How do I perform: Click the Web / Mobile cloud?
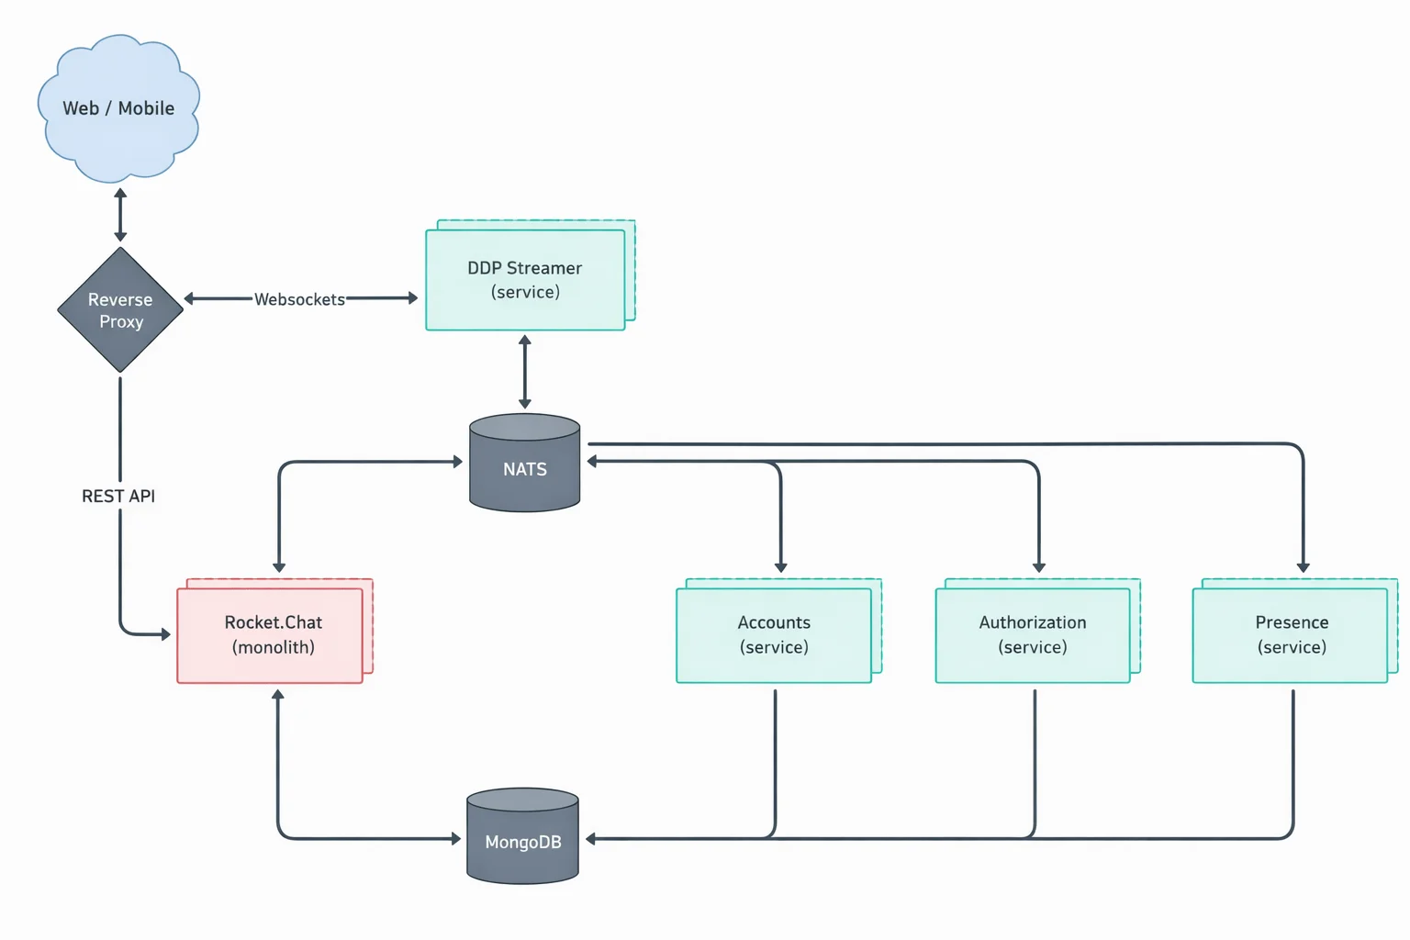[118, 108]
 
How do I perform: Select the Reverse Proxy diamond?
[120, 310]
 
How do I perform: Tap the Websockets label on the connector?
[299, 299]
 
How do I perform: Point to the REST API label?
[118, 496]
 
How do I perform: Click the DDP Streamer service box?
[525, 280]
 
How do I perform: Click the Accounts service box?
[774, 634]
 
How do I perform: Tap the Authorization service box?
[1033, 634]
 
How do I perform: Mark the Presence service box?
[1291, 634]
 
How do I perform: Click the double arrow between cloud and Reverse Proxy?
[120, 215]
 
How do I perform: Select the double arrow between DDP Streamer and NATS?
[525, 372]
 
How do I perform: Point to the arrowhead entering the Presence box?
[1303, 567]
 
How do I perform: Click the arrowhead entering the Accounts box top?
[780, 567]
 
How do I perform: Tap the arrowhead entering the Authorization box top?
[1039, 567]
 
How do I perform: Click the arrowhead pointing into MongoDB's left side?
[455, 838]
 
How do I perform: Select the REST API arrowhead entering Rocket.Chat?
[165, 634]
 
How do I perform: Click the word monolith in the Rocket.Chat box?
[274, 647]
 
